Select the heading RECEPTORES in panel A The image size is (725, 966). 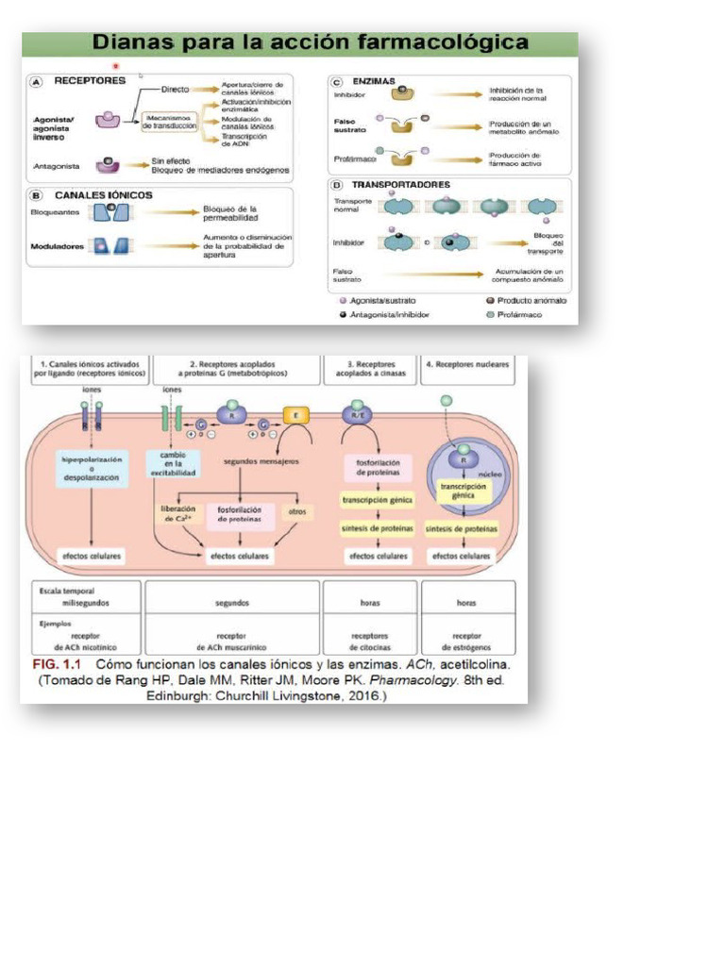(x=90, y=81)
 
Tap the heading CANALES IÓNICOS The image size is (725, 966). (x=104, y=195)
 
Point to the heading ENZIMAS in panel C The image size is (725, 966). (x=375, y=82)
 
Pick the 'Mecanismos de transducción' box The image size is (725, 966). (x=169, y=122)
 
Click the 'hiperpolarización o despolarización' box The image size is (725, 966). (x=91, y=469)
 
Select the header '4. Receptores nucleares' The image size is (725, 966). (x=467, y=363)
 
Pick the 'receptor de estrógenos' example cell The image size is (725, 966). (x=467, y=641)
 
